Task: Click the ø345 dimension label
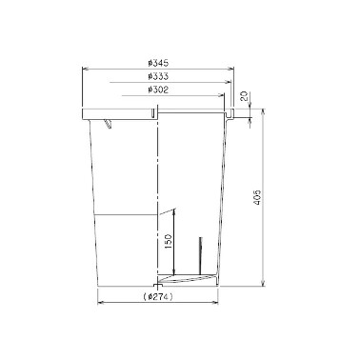click(x=158, y=63)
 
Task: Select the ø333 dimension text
click(x=158, y=76)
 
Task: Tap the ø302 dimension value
click(x=158, y=90)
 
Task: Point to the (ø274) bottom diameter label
click(x=158, y=297)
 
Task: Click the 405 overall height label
click(x=257, y=197)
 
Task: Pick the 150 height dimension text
click(x=169, y=241)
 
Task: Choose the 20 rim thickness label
click(x=244, y=96)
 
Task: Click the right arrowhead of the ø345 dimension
click(x=230, y=69)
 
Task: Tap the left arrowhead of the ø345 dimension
click(x=86, y=69)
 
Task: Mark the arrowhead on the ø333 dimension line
click(x=228, y=82)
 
